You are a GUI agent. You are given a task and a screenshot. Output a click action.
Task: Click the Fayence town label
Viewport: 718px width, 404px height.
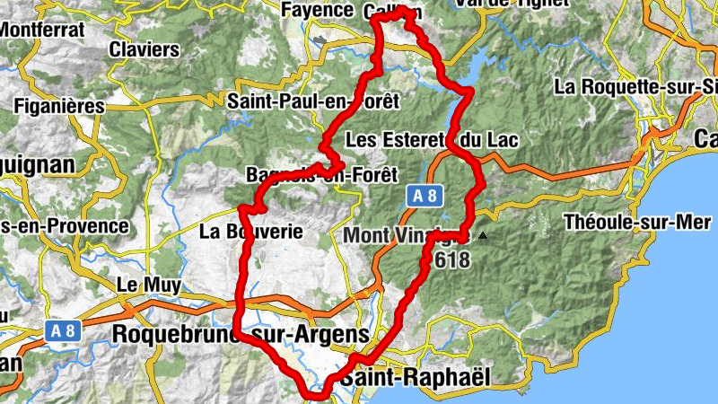(x=318, y=10)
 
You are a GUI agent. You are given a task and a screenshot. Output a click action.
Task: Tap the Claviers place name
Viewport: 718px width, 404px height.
(x=144, y=49)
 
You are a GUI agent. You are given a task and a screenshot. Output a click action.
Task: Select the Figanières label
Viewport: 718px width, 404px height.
(x=59, y=106)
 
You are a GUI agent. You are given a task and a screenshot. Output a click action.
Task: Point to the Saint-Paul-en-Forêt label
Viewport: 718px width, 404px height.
(x=312, y=101)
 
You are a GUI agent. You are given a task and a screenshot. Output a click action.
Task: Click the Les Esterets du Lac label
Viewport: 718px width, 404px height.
(x=432, y=141)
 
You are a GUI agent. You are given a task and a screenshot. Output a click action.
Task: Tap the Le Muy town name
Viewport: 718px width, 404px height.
(x=150, y=285)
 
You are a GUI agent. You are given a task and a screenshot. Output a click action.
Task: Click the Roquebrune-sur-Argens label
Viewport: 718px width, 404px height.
(x=240, y=334)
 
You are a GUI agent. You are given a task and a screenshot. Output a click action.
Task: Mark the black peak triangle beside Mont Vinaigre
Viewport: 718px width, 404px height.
(x=483, y=236)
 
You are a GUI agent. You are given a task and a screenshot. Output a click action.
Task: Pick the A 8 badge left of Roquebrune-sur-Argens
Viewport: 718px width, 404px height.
(x=62, y=330)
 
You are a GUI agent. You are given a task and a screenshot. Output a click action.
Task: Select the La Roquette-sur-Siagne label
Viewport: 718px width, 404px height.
(x=636, y=87)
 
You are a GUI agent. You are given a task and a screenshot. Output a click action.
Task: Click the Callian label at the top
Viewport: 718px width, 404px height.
(x=392, y=11)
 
